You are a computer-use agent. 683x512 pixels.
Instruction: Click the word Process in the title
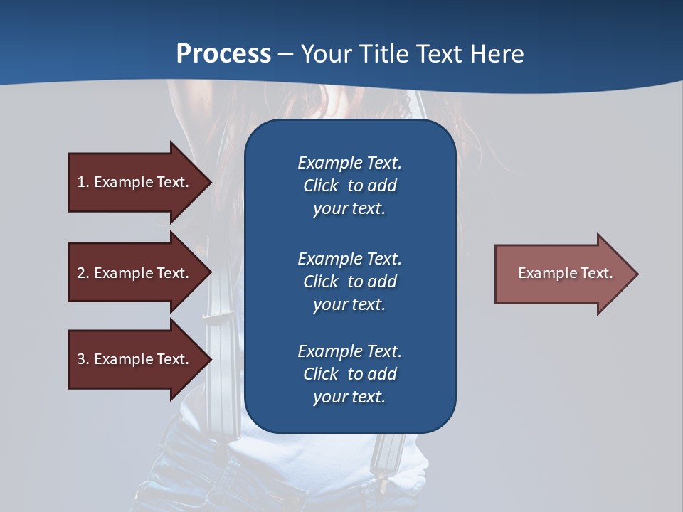(223, 53)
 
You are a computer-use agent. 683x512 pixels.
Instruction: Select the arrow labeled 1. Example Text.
(135, 182)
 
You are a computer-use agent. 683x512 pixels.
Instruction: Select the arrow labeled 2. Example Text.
(135, 273)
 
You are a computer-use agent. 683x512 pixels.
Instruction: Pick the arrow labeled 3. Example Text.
(135, 359)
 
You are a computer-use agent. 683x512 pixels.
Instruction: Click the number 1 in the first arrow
(81, 182)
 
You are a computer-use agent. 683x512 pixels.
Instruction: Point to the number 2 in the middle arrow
(81, 273)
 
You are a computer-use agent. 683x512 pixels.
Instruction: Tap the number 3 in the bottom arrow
(81, 359)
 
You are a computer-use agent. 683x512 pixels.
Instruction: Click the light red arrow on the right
(562, 274)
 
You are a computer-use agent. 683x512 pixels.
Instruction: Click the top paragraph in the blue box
(349, 186)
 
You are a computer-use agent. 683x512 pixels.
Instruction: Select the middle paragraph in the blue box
(349, 282)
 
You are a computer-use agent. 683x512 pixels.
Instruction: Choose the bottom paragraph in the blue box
(349, 374)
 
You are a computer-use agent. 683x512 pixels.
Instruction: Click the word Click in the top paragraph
(320, 186)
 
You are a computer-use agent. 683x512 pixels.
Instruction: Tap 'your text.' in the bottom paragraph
(349, 397)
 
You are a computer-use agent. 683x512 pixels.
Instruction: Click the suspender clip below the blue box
(389, 455)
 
